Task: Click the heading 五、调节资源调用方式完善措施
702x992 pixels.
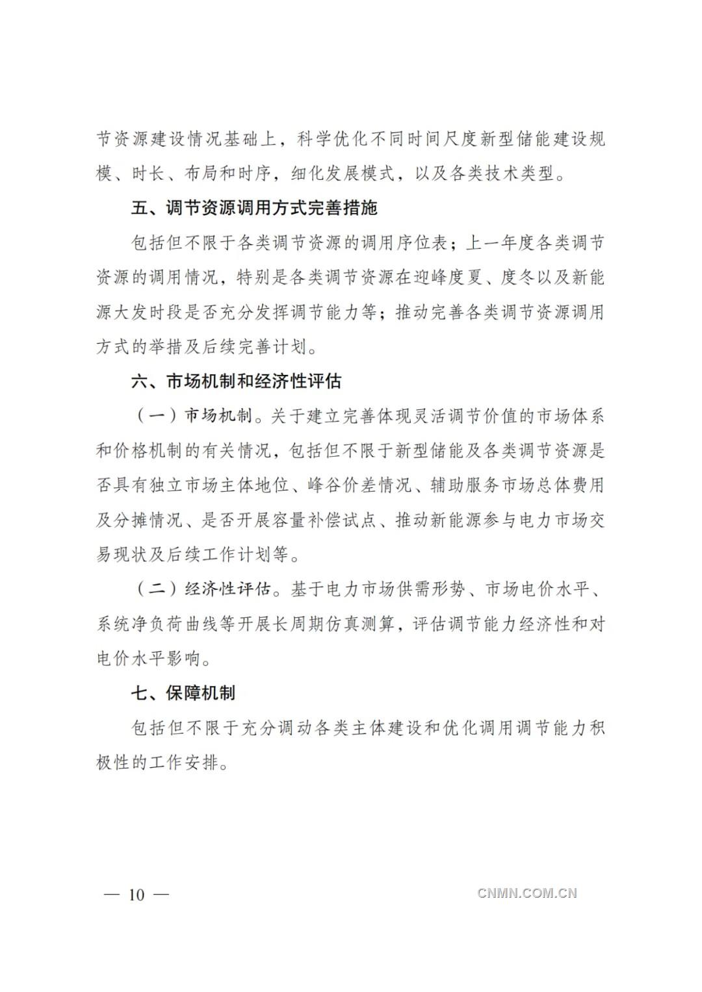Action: (x=254, y=209)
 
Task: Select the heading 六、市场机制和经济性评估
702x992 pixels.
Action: (x=237, y=381)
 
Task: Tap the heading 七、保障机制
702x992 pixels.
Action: (x=183, y=693)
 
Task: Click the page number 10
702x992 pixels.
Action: (x=136, y=895)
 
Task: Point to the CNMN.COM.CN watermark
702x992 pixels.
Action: (x=527, y=893)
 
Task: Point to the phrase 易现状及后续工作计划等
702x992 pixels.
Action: (x=192, y=555)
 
